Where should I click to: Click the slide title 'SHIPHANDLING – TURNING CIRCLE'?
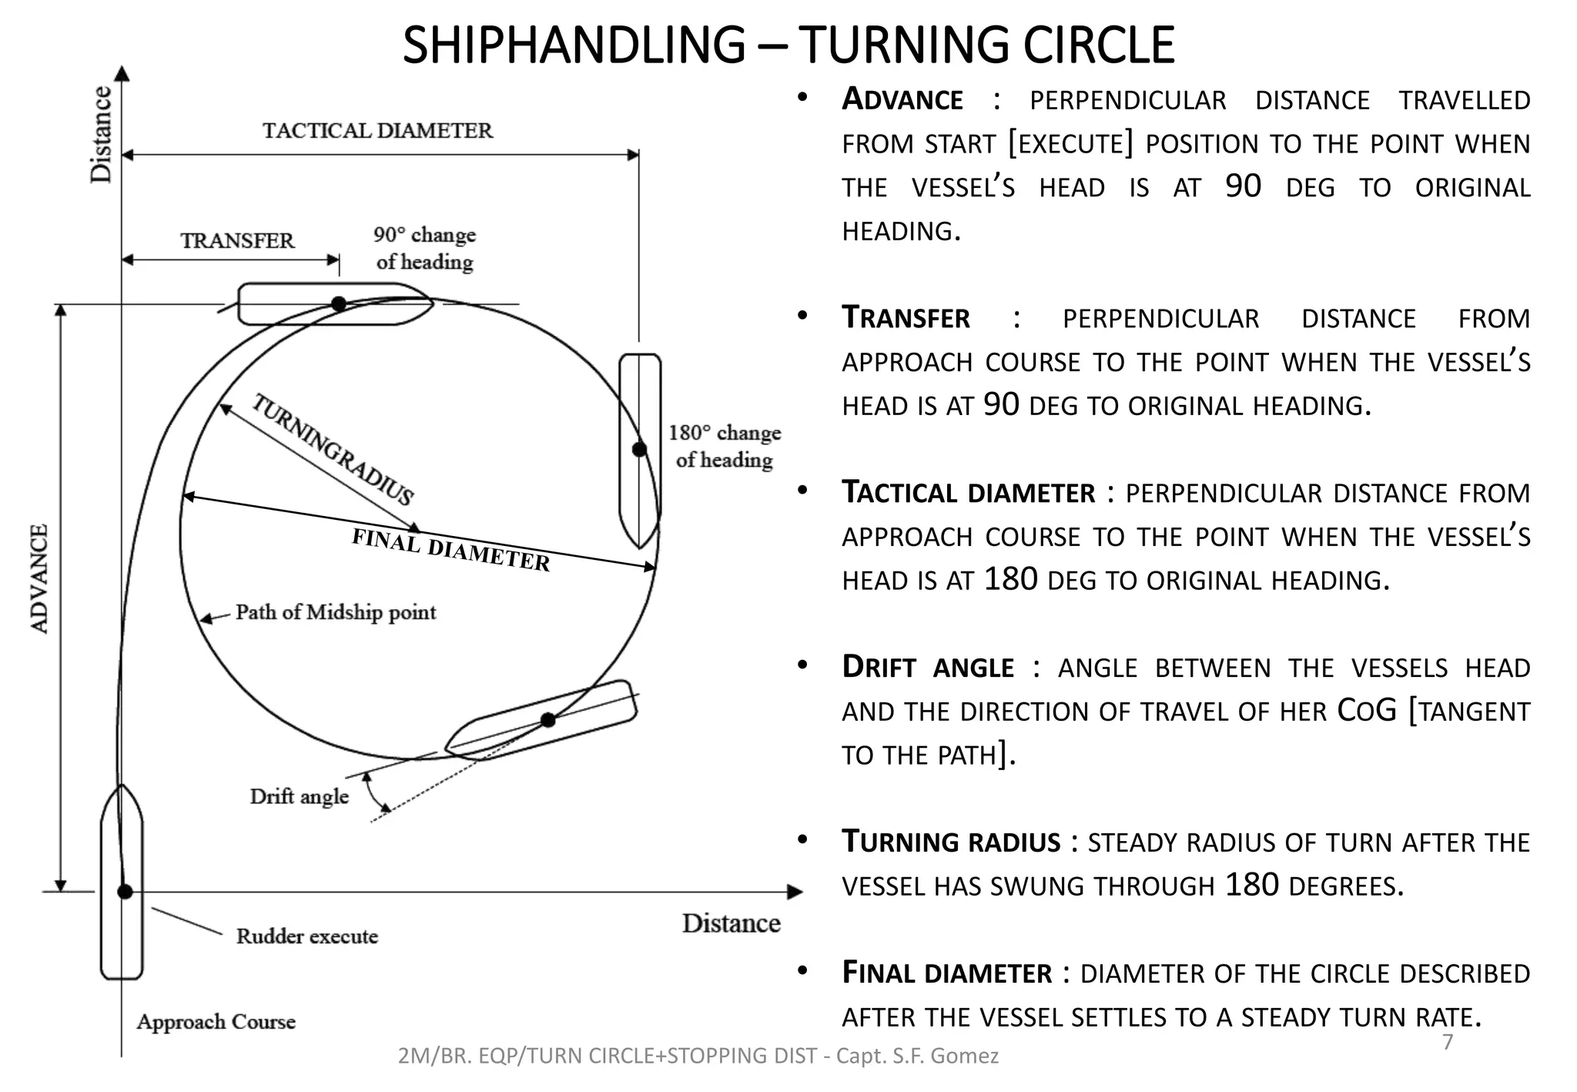click(x=788, y=45)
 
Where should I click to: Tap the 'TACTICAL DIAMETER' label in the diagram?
click(x=377, y=131)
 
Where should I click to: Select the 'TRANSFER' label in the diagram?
click(x=237, y=241)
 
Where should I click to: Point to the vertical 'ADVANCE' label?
click(x=39, y=579)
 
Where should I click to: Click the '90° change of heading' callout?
click(x=424, y=248)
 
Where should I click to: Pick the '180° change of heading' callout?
click(x=724, y=446)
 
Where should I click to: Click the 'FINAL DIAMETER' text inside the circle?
click(x=450, y=551)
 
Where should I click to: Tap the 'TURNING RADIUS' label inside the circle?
click(x=333, y=449)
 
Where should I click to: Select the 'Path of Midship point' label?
click(x=335, y=612)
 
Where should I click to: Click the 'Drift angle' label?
click(x=299, y=796)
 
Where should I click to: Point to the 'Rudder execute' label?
click(x=306, y=936)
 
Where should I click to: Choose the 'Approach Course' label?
click(x=216, y=1022)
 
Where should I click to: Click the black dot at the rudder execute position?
click(x=125, y=892)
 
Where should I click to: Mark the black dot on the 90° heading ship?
click(x=339, y=304)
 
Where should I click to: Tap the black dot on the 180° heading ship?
click(x=639, y=449)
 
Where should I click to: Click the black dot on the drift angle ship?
click(x=547, y=720)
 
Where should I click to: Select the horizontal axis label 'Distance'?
click(x=731, y=923)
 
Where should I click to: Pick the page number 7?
click(x=1448, y=1042)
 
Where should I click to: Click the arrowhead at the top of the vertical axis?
click(x=122, y=73)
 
